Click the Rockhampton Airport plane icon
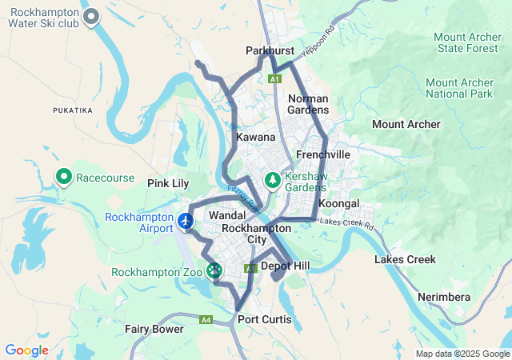click(x=186, y=221)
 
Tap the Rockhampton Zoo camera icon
click(x=214, y=271)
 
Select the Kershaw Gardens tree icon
click(x=274, y=180)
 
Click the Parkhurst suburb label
click(x=270, y=50)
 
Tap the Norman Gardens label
click(x=308, y=104)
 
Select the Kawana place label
click(x=256, y=138)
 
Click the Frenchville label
click(x=323, y=154)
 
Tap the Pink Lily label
click(x=168, y=183)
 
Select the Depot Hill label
click(x=285, y=266)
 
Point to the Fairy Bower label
click(x=154, y=329)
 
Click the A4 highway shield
click(x=206, y=320)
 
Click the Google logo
click(x=26, y=350)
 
